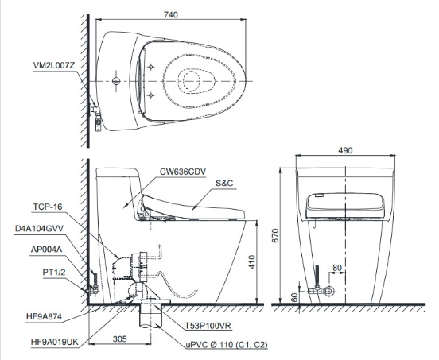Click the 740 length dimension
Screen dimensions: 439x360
point(171,14)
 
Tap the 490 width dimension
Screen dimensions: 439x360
point(345,150)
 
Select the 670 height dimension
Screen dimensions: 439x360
point(275,235)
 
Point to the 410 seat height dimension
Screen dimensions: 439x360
point(252,261)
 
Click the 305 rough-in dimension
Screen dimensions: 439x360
point(120,339)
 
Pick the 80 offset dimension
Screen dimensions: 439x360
point(337,268)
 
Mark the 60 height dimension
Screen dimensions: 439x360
point(294,298)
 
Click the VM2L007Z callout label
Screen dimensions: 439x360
point(54,65)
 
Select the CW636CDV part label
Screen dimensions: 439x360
point(183,172)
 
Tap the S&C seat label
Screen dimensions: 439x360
point(224,184)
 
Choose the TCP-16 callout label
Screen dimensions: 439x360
point(48,207)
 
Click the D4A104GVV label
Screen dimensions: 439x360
point(39,229)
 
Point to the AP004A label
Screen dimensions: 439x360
point(46,250)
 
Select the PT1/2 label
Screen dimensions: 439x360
point(54,272)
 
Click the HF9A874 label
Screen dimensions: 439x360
point(44,316)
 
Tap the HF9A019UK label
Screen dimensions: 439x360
point(55,342)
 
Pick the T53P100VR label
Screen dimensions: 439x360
point(208,325)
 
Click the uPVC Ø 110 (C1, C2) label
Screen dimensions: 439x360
point(227,344)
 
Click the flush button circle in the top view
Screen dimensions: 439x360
point(116,81)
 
